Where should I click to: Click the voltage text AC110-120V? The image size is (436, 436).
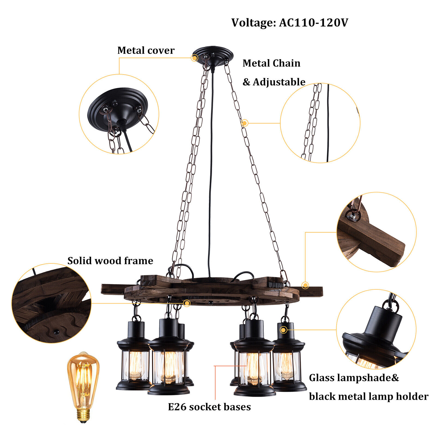pos(313,23)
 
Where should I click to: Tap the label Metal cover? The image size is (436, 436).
pos(146,50)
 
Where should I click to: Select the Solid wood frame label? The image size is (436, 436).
pos(110,261)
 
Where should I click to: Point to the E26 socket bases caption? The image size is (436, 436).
pos(209,407)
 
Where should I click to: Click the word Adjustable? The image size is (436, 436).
pos(279,82)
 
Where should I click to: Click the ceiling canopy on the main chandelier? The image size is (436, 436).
pos(213,55)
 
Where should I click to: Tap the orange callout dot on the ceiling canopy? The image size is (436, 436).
pos(195,58)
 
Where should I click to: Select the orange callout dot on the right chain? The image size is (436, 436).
pos(245,123)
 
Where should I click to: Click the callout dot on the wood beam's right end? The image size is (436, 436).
pos(305,286)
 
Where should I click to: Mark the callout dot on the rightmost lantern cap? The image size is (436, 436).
pos(283,330)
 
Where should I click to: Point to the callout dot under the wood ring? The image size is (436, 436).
pos(187,303)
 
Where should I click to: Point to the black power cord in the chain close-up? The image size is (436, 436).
pos(328,123)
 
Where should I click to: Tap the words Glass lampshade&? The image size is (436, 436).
pos(354,378)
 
